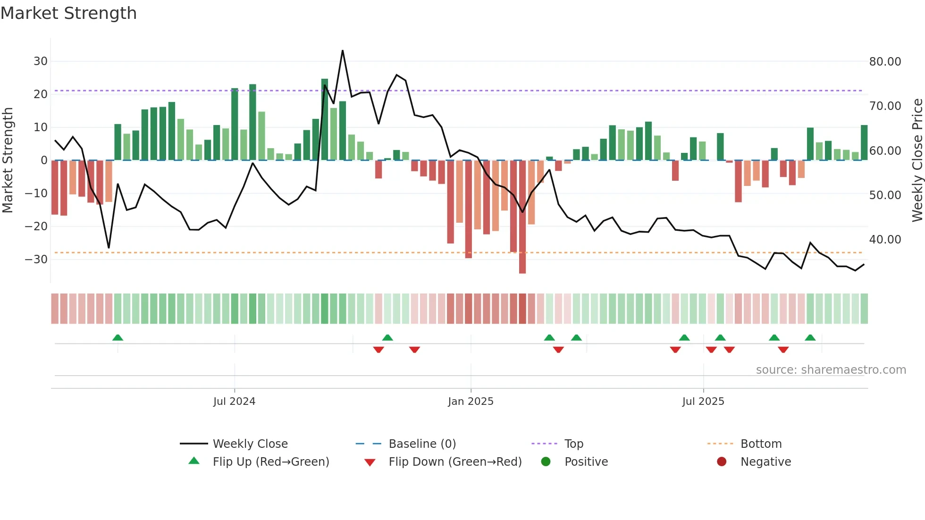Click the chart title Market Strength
click(68, 13)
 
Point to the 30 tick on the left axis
click(40, 61)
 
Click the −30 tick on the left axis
click(36, 260)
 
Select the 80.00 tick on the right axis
click(885, 62)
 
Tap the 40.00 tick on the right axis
click(885, 240)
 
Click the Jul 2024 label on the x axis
click(234, 402)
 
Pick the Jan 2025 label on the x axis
click(471, 402)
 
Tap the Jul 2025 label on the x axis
click(703, 402)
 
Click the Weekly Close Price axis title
click(917, 160)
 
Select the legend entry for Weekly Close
click(250, 444)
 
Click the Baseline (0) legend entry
click(422, 444)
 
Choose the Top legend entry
click(573, 444)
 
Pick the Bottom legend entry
click(761, 444)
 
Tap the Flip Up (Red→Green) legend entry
click(270, 462)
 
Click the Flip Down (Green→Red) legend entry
click(455, 462)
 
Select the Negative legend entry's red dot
click(722, 461)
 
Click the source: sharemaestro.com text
click(831, 370)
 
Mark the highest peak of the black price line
click(343, 51)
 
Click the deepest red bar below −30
click(522, 264)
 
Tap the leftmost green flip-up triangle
click(118, 337)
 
